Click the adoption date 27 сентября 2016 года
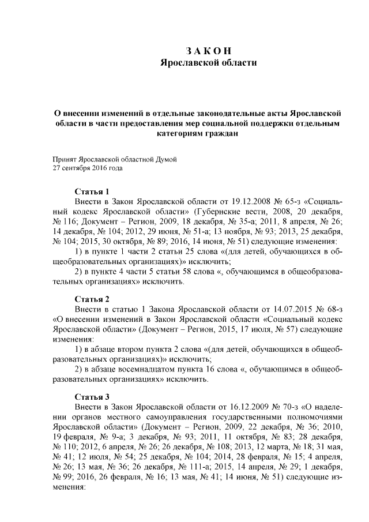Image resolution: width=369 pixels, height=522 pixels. [88, 168]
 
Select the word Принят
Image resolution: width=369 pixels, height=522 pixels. [64, 159]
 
